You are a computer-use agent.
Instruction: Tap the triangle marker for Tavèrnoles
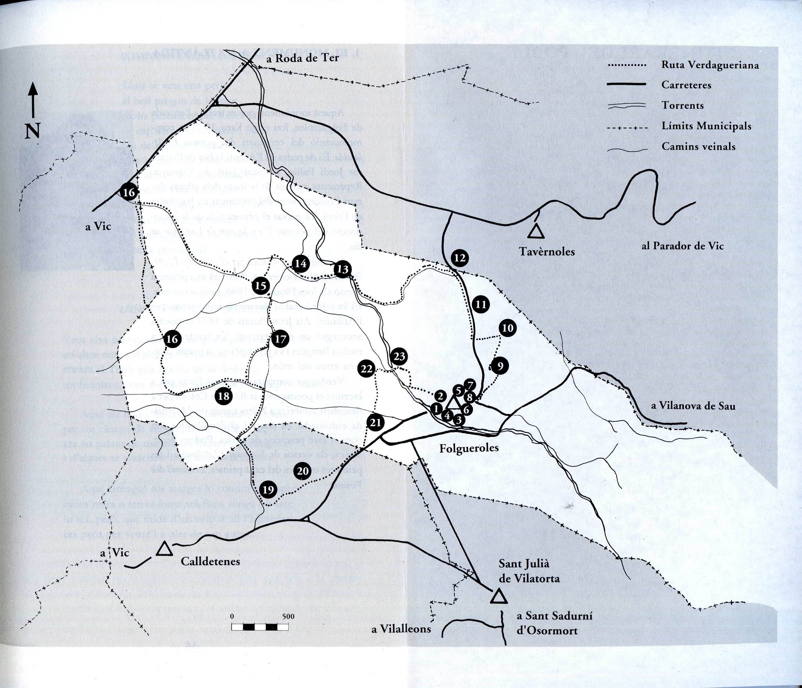[x=536, y=232]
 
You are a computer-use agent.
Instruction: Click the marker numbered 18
[x=224, y=396]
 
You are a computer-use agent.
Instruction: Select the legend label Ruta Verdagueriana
[x=710, y=65]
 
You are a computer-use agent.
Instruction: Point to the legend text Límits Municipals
[x=706, y=126]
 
